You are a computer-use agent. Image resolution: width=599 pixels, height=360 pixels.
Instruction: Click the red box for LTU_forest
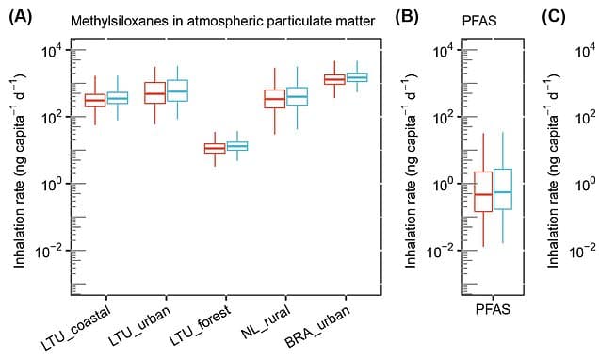[x=215, y=148]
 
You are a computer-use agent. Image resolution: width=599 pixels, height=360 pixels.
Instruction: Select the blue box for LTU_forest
[x=237, y=145]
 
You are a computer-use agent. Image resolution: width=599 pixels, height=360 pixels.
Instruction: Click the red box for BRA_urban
[x=334, y=79]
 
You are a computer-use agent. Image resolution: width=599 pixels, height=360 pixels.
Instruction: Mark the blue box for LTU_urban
[x=178, y=90]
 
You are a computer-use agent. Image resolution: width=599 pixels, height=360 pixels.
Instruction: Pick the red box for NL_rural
[x=274, y=98]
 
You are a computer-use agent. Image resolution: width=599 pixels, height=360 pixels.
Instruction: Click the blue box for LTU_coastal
[x=118, y=97]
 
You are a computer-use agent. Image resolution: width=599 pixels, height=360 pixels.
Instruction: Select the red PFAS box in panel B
[x=483, y=191]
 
